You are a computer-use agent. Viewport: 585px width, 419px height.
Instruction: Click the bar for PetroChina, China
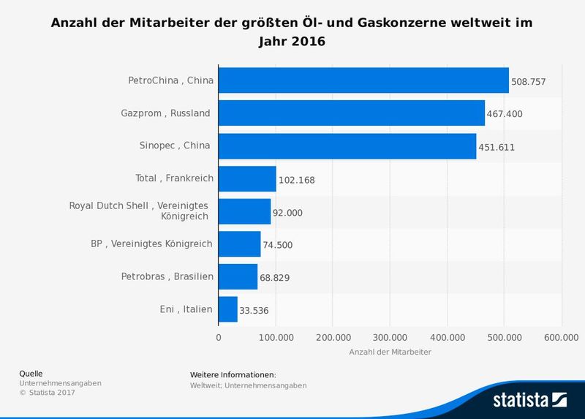click(x=363, y=80)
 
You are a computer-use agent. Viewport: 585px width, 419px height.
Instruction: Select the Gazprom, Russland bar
click(x=352, y=113)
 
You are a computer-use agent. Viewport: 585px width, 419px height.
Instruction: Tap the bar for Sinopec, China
click(x=347, y=146)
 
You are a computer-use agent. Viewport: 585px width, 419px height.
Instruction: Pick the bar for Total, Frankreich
click(x=247, y=178)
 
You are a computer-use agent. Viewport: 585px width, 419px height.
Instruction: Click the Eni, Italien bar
click(x=228, y=309)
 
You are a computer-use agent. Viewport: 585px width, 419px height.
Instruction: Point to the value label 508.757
click(x=529, y=81)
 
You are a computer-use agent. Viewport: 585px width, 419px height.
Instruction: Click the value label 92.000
click(x=287, y=213)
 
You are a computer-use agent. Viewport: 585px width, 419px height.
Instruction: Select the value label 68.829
click(x=275, y=278)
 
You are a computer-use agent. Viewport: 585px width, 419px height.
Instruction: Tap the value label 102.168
click(x=296, y=180)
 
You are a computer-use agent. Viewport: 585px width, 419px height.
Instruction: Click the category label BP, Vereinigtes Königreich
click(x=146, y=244)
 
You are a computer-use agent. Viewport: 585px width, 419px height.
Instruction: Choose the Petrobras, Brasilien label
click(x=167, y=276)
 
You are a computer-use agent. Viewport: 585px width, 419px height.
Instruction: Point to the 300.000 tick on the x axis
click(x=390, y=337)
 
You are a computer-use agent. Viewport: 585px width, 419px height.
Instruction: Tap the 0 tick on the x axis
click(x=219, y=337)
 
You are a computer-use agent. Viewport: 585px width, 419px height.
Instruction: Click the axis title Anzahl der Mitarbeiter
click(x=390, y=352)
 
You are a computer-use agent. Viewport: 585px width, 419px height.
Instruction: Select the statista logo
click(x=530, y=400)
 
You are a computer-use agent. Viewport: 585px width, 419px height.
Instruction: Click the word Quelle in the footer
click(x=31, y=374)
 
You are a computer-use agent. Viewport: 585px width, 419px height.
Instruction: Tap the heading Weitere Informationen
click(x=233, y=375)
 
